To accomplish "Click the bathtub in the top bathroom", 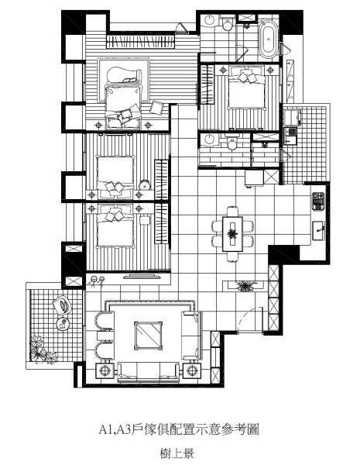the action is (x=269, y=39).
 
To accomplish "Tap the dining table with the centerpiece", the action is (x=232, y=234).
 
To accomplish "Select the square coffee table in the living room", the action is (x=148, y=336).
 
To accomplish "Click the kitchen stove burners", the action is (x=318, y=201).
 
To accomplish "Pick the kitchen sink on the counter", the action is (x=318, y=231).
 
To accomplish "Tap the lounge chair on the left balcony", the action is (x=62, y=305).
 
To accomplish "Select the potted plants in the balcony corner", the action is (x=43, y=350).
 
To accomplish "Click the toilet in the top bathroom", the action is (x=228, y=24).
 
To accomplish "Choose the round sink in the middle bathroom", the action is (x=209, y=139).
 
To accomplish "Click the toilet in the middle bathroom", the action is (x=231, y=143).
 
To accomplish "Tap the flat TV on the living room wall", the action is (x=142, y=277).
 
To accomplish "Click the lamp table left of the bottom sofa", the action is (x=105, y=370).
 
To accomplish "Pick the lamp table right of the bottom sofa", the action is (x=192, y=370).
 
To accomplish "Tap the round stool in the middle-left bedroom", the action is (x=145, y=185).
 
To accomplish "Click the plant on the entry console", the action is (x=245, y=285).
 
